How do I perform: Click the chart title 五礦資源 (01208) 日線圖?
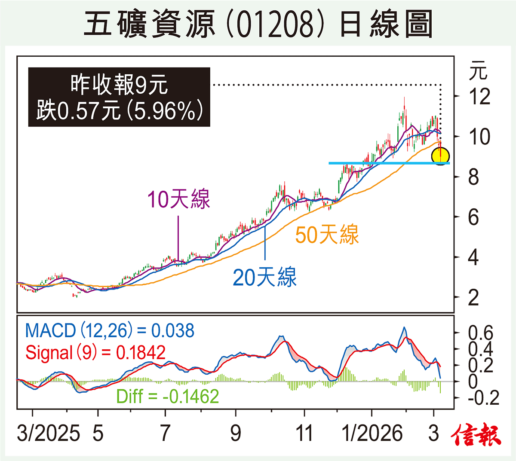[x=258, y=24]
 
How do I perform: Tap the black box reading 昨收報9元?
[x=119, y=97]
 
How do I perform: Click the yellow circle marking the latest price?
[x=440, y=156]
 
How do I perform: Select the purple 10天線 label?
[x=178, y=199]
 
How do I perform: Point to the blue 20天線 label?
[x=264, y=277]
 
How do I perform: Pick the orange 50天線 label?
[x=327, y=235]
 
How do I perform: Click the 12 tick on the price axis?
[x=479, y=97]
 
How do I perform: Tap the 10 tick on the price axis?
[x=479, y=137]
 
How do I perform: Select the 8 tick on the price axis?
[x=473, y=177]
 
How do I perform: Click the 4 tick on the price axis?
[x=473, y=257]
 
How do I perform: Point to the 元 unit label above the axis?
[x=478, y=71]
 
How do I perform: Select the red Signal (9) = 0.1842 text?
[x=95, y=353]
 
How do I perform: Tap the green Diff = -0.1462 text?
[x=168, y=396]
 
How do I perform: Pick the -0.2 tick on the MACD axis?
[x=483, y=398]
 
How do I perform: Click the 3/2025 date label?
[x=48, y=433]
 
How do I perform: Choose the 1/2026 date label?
[x=372, y=433]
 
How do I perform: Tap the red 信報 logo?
[x=476, y=435]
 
